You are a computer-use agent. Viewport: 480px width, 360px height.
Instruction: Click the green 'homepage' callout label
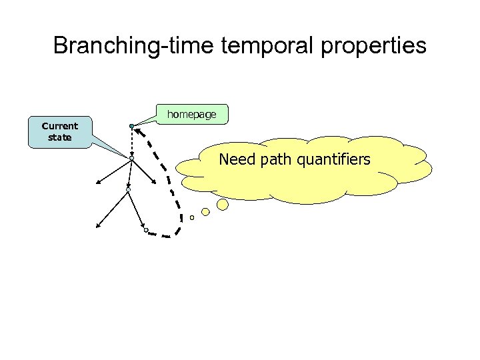(191, 115)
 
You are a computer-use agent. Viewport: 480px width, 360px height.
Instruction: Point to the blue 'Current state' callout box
(59, 131)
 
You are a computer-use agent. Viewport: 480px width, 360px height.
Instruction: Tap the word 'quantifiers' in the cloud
(336, 159)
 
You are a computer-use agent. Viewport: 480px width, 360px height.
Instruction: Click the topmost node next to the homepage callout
(131, 126)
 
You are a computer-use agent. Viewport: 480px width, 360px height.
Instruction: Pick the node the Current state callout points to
(131, 159)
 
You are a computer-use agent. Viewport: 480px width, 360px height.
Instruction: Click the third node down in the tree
(128, 190)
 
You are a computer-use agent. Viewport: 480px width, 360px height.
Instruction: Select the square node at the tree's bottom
(146, 230)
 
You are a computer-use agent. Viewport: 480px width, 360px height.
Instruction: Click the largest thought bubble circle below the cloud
(223, 205)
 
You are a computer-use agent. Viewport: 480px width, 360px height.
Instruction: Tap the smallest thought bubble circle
(192, 217)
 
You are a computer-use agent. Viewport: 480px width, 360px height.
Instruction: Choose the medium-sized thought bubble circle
(205, 212)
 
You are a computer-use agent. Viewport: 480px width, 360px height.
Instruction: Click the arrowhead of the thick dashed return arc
(136, 130)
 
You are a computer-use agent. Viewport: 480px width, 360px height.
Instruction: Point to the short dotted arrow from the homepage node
(131, 142)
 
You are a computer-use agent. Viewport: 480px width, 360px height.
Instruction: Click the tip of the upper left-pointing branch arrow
(95, 183)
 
